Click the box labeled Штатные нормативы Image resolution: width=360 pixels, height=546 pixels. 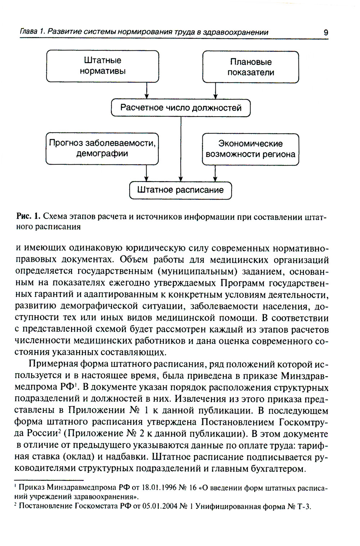[x=103, y=66]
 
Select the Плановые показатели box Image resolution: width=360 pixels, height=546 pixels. [x=251, y=67]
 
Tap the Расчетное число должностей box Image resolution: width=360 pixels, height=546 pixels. [x=180, y=108]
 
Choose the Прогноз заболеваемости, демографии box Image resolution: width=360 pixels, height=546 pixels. [x=102, y=149]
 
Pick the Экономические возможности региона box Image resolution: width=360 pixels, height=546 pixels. [x=251, y=149]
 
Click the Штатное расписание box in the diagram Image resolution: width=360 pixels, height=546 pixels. [x=180, y=190]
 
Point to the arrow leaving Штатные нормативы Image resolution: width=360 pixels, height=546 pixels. [x=146, y=91]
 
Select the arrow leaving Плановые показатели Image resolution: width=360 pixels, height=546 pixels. [x=215, y=91]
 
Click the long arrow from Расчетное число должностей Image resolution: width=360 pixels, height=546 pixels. [x=181, y=149]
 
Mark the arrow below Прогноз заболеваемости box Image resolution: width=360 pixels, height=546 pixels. [x=146, y=173]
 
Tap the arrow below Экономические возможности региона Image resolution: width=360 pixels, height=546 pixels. [x=215, y=173]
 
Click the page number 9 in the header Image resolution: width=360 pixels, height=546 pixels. [x=325, y=32]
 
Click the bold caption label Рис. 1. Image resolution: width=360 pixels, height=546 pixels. [x=28, y=217]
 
